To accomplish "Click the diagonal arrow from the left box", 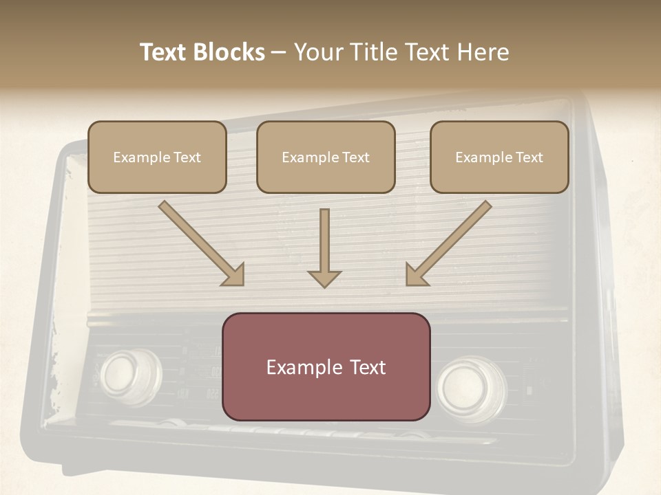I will tap(200, 242).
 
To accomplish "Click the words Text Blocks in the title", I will tap(202, 52).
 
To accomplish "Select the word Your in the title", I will tap(317, 52).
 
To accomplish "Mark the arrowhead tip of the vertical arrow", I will tap(324, 287).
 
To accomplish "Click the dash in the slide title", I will tap(279, 52).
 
